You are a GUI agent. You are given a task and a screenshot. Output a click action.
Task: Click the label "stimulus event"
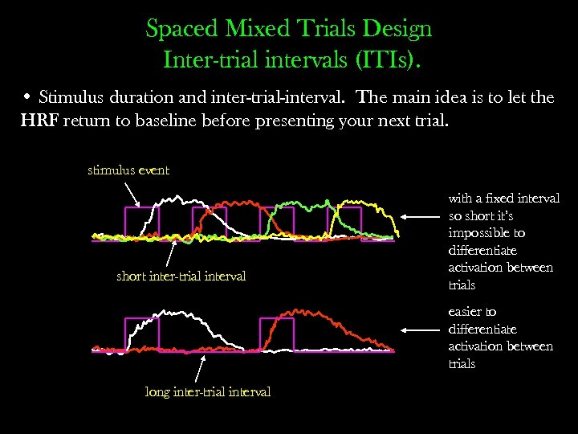[128, 170]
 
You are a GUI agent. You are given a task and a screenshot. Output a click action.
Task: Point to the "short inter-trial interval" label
[181, 276]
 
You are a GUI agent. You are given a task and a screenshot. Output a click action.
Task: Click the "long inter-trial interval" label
[207, 391]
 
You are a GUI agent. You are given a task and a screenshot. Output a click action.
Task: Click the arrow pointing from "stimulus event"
[132, 193]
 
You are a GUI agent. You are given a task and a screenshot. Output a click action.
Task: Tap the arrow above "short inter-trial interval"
[171, 254]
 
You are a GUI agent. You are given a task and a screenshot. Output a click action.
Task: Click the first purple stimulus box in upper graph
[142, 223]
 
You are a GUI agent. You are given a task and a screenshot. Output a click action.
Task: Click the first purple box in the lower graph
[142, 334]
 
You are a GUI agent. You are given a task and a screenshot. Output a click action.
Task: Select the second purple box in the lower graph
[276, 334]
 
